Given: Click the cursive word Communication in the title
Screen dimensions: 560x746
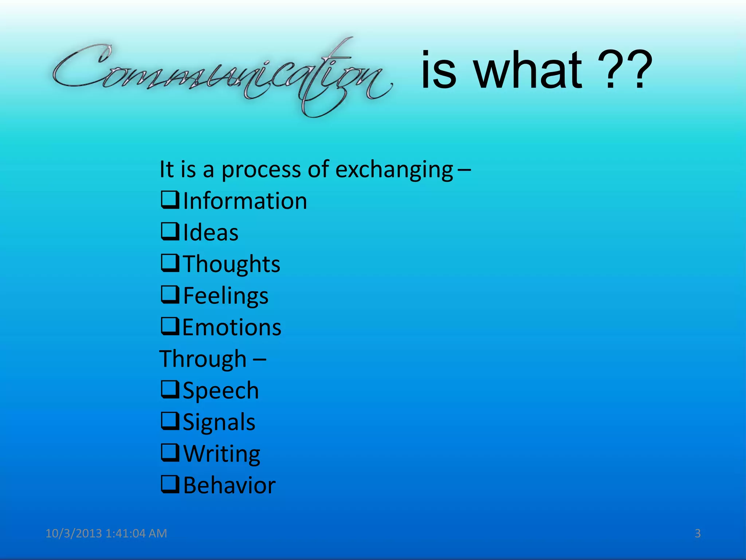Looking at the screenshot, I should click(x=222, y=75).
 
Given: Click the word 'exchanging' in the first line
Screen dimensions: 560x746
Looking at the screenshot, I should click(x=394, y=169).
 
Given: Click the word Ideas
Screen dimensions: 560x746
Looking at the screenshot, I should click(x=211, y=233).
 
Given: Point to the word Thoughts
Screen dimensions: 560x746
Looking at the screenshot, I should click(x=232, y=264).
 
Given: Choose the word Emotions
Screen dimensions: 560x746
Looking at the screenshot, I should click(x=232, y=327).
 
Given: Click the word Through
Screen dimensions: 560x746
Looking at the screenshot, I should click(x=203, y=359).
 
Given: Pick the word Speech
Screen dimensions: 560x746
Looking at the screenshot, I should click(x=221, y=391).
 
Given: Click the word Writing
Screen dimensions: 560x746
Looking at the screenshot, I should click(x=222, y=454).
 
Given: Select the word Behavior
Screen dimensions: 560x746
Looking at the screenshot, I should click(x=229, y=486).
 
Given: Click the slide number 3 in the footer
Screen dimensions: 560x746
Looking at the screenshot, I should click(x=698, y=533).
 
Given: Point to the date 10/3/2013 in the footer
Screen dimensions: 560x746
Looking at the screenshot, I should click(x=74, y=533).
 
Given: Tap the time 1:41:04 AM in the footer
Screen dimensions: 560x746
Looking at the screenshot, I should click(x=136, y=533).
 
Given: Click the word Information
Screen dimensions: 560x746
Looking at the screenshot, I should click(x=245, y=201).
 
